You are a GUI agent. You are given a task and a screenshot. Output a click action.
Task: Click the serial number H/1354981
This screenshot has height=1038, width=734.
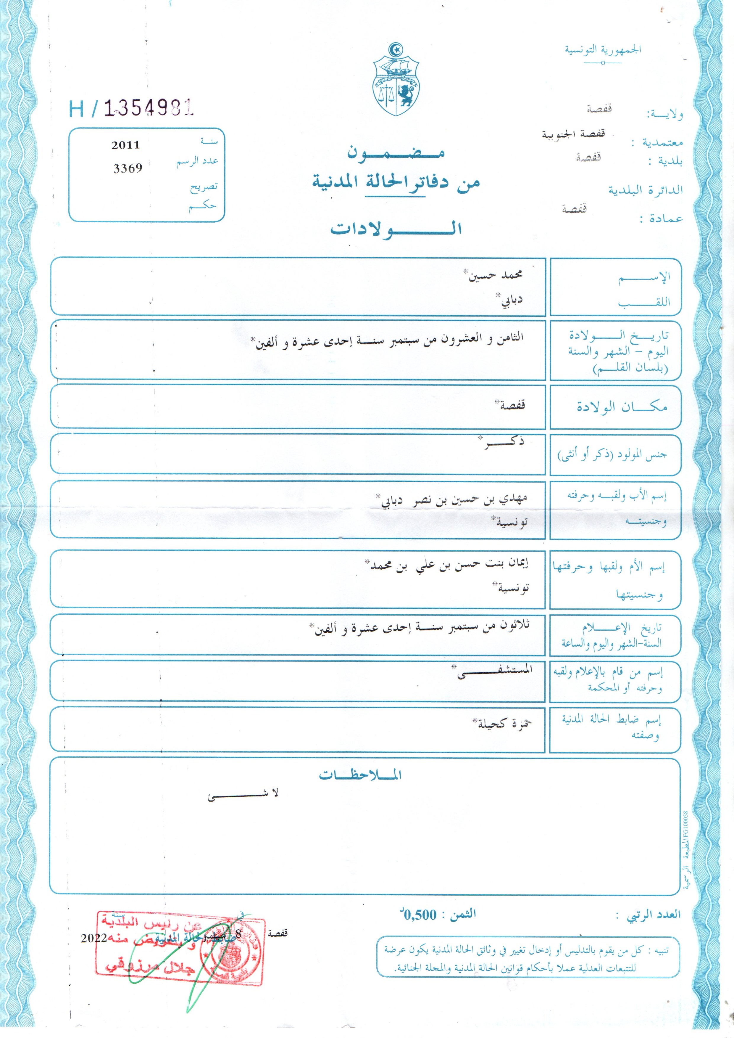[131, 109]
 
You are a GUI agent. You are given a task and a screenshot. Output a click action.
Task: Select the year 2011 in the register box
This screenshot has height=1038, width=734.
[126, 145]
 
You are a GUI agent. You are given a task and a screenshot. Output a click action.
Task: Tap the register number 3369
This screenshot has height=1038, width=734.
[128, 168]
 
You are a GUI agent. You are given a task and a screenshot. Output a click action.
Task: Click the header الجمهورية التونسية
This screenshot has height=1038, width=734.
[603, 49]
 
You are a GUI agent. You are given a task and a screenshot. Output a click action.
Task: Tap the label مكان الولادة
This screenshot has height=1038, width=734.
[622, 407]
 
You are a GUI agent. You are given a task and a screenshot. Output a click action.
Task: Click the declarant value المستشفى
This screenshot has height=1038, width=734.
[495, 671]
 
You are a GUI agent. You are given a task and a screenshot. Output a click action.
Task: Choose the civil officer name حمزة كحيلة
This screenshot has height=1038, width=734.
[504, 724]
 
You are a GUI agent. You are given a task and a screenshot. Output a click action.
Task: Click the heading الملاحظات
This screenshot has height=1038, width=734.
[360, 775]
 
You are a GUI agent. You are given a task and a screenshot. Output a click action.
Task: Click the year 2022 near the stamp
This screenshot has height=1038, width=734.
[94, 939]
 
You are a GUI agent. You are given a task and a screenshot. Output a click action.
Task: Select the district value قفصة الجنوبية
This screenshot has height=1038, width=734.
[573, 135]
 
